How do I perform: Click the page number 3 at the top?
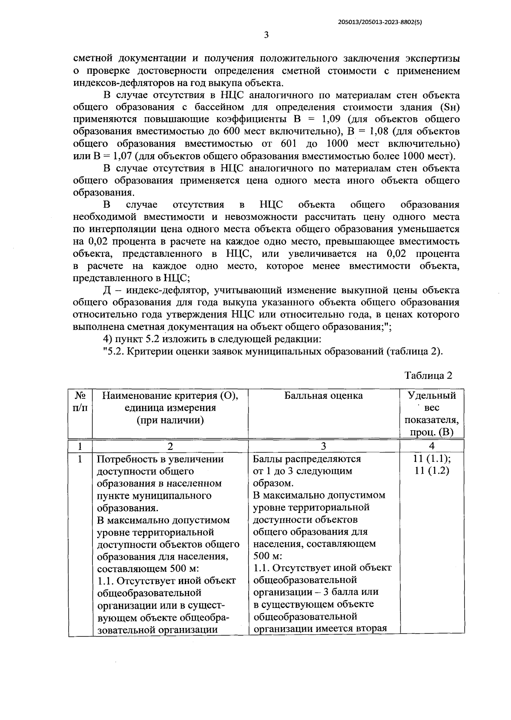(x=266, y=35)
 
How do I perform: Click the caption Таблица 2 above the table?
(x=428, y=375)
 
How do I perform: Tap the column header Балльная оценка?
(x=323, y=396)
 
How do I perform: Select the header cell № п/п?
(x=80, y=402)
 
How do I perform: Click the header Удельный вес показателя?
(x=431, y=414)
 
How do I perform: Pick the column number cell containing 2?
(x=170, y=446)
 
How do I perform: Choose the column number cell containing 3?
(x=323, y=446)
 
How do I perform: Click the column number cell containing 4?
(x=431, y=446)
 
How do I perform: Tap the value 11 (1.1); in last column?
(x=431, y=459)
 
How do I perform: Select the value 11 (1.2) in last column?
(x=431, y=471)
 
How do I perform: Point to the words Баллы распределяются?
(x=307, y=459)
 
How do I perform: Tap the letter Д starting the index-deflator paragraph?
(x=107, y=291)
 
